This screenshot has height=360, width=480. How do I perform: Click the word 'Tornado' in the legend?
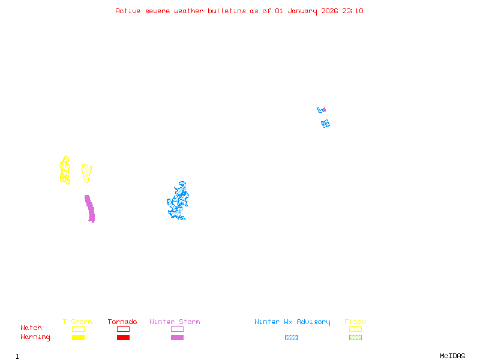pos(122,322)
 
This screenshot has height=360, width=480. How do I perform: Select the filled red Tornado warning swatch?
pos(123,338)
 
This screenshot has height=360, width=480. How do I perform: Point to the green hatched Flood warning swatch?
pos(355,338)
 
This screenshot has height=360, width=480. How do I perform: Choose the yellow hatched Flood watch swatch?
pos(355,329)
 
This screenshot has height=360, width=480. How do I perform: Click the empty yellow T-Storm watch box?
pos(78,329)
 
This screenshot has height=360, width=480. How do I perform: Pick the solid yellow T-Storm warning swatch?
pos(78,338)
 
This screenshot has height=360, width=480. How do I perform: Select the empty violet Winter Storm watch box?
pos(177,329)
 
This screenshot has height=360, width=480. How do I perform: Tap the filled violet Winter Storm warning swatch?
pos(177,338)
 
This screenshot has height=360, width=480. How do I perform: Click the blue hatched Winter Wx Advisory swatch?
pos(291,338)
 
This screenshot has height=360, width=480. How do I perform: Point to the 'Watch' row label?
pos(31,328)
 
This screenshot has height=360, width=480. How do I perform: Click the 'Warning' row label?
pos(35,337)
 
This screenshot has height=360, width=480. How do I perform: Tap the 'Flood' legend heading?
pos(355,322)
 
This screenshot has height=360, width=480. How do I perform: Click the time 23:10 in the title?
pos(353,11)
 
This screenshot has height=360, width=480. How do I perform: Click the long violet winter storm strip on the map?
pos(90,209)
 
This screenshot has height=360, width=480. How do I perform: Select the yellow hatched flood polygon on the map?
pos(87,172)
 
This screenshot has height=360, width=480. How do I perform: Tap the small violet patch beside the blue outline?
pos(324,110)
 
